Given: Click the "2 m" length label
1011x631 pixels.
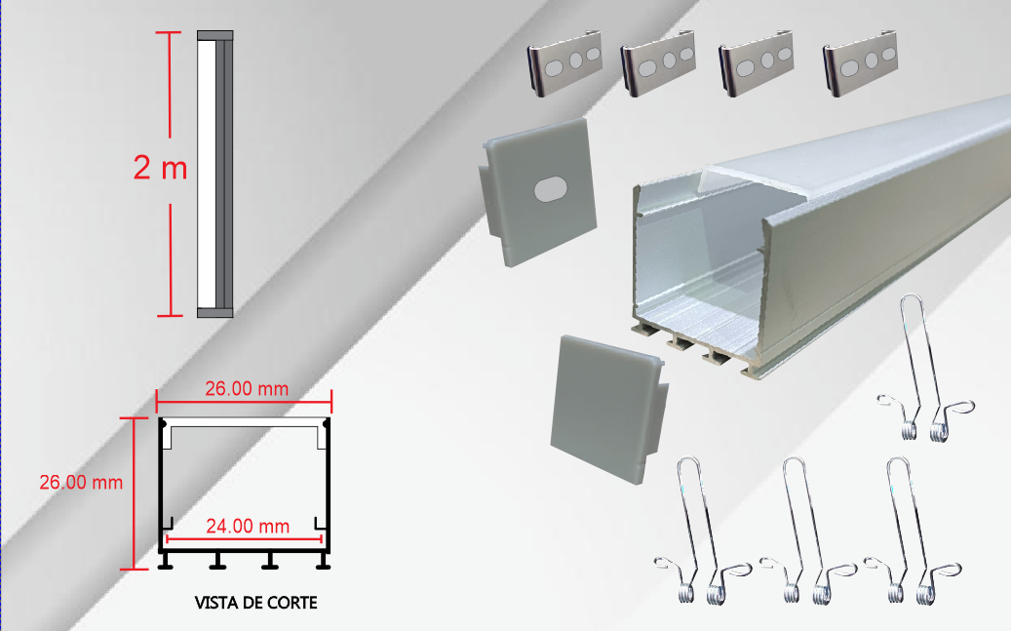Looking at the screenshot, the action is (x=160, y=168).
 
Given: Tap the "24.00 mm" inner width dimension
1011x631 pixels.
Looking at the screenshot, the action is (x=248, y=527).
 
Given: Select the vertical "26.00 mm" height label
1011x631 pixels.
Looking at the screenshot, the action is (x=81, y=482).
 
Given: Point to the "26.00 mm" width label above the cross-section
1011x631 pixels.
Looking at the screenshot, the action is (x=247, y=389).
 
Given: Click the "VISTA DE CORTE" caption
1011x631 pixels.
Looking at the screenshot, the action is (x=256, y=603).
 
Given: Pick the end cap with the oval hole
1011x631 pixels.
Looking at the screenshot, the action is (x=538, y=192).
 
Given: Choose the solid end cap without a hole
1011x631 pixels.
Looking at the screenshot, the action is (x=608, y=409).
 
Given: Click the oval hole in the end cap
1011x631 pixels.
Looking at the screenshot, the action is (x=551, y=189).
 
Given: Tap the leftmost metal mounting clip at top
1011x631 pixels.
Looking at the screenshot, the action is (x=564, y=63).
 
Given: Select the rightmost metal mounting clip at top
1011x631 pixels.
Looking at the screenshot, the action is (x=860, y=63).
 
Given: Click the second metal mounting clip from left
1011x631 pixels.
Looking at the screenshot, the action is (x=658, y=63).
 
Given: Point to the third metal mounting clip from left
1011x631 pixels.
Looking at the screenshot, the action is (x=756, y=63).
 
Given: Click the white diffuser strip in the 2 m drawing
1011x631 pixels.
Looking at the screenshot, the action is (x=207, y=175).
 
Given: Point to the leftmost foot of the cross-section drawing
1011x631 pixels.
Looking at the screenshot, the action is (x=166, y=562).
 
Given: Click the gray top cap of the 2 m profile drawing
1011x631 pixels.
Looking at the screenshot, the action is (x=214, y=35).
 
